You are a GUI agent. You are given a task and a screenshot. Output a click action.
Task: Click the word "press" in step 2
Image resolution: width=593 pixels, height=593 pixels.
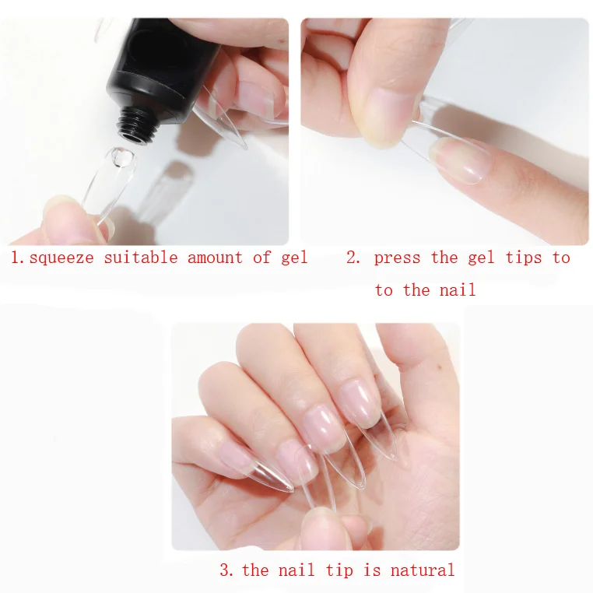pyautogui.click(x=397, y=258)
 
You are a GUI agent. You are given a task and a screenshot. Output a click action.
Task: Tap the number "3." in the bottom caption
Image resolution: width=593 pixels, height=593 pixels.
pyautogui.click(x=227, y=570)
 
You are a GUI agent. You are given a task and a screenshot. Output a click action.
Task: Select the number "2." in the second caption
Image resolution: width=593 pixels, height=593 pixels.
pyautogui.click(x=354, y=258)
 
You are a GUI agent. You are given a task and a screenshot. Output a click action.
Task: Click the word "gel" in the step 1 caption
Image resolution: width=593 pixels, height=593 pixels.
pyautogui.click(x=294, y=258)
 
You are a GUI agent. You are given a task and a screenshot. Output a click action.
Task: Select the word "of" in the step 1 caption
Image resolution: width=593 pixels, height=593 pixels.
pyautogui.click(x=261, y=258)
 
